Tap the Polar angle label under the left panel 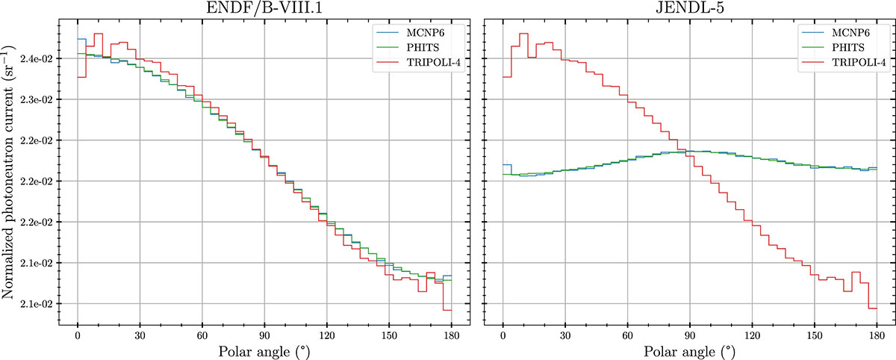(265, 351)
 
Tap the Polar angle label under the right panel (690, 351)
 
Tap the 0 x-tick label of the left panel (78, 335)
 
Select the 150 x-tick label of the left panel (389, 335)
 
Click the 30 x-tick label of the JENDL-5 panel (565, 335)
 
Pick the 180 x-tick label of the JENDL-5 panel (877, 335)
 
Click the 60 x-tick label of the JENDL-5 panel (627, 335)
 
